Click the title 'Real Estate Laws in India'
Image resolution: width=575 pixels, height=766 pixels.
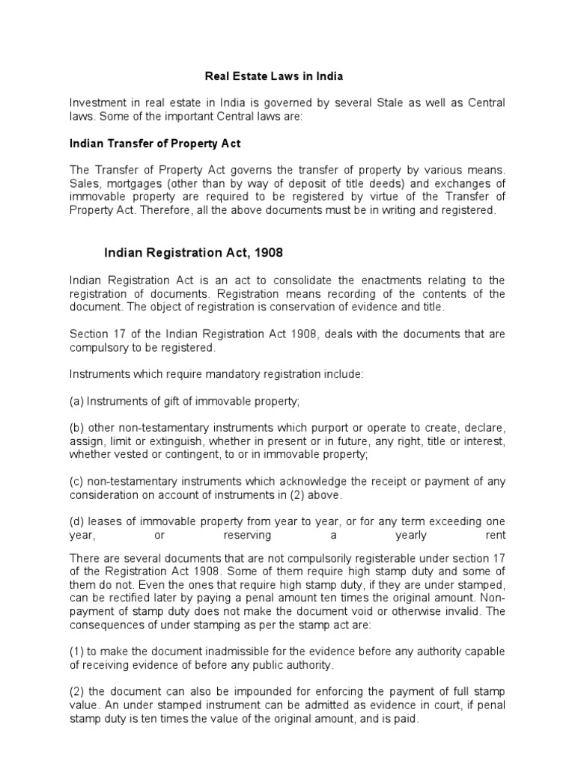tap(273, 76)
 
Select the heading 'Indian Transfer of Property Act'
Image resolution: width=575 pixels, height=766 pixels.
tap(155, 143)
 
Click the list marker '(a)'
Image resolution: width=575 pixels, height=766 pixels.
tap(76, 401)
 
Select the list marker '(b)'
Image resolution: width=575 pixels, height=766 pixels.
tap(76, 428)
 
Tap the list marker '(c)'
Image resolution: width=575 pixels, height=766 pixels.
tap(76, 482)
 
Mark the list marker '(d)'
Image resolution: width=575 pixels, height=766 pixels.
tap(76, 521)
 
